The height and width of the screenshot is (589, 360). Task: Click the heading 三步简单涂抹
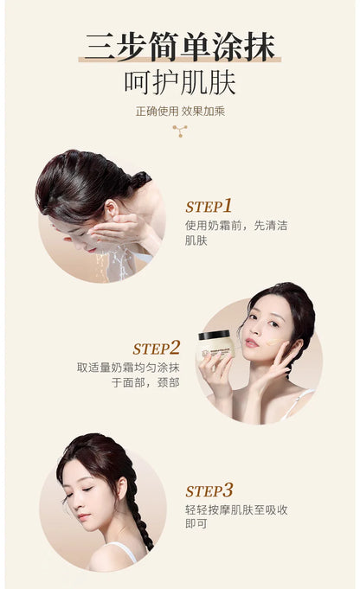(179, 45)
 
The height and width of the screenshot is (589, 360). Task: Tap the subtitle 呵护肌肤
(179, 83)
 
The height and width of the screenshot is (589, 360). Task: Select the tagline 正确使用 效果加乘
(179, 111)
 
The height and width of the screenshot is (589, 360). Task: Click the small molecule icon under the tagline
(179, 131)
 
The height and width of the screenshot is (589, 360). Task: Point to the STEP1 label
(209, 207)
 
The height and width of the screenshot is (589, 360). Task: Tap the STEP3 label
(209, 490)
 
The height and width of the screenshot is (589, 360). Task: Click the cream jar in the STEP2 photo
(218, 346)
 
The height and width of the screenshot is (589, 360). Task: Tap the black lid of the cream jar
(215, 334)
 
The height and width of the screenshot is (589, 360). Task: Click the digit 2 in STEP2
(175, 348)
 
